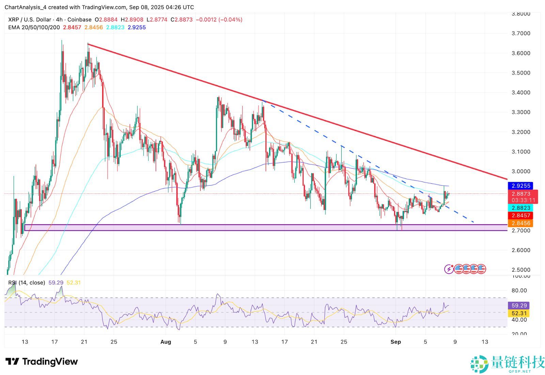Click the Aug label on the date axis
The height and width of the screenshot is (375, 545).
[166, 342]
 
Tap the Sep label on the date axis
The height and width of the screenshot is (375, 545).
[395, 342]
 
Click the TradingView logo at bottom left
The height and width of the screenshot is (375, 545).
[42, 361]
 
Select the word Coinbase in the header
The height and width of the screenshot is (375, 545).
[79, 20]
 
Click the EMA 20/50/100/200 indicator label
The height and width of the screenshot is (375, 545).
[34, 27]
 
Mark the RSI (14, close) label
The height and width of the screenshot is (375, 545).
[27, 283]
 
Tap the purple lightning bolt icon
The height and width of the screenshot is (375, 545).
[449, 269]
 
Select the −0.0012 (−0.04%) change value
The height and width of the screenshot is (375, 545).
[219, 20]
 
